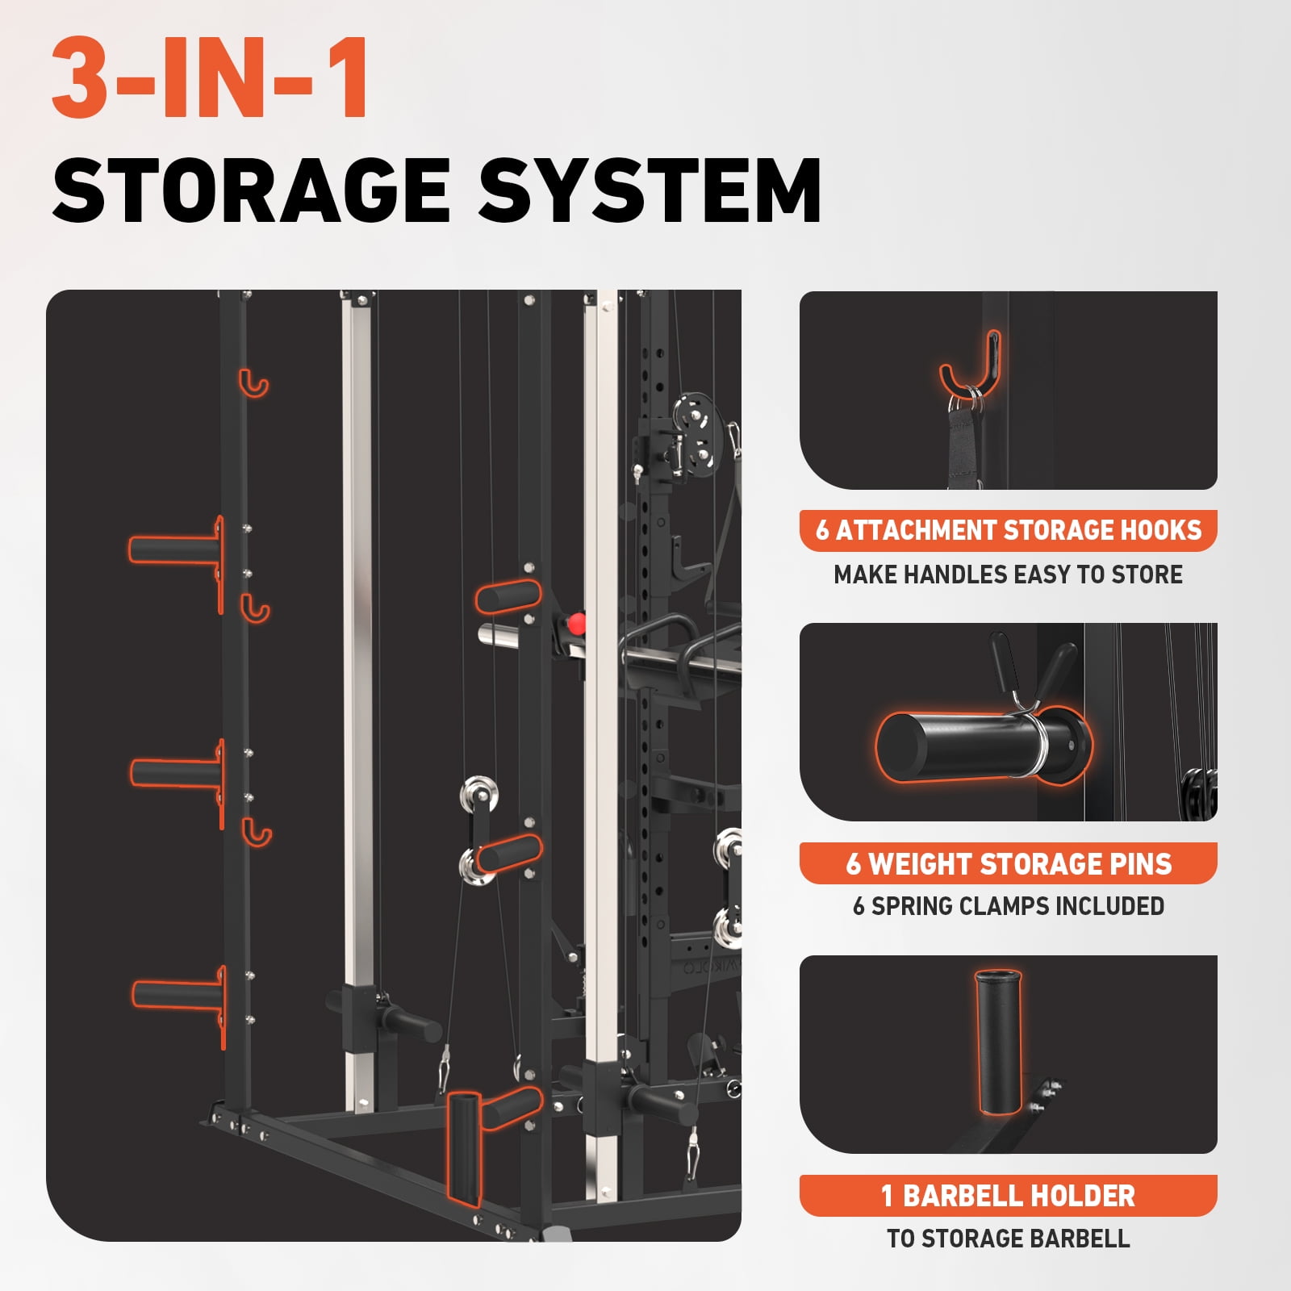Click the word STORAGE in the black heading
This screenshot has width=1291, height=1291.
251,190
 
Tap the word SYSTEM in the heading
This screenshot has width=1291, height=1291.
650,190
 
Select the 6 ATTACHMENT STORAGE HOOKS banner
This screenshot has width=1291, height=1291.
1008,530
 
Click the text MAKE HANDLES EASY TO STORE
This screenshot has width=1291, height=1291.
1008,574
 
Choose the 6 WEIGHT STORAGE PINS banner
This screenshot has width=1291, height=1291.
1008,863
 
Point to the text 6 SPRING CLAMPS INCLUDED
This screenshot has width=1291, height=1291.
1008,906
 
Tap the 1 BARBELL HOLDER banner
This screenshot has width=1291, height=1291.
1008,1196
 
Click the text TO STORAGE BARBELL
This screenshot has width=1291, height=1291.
1008,1239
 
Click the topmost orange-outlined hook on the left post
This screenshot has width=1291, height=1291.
253,382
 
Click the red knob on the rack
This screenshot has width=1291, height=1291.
576,623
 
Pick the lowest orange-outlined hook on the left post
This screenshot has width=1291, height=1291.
257,831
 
